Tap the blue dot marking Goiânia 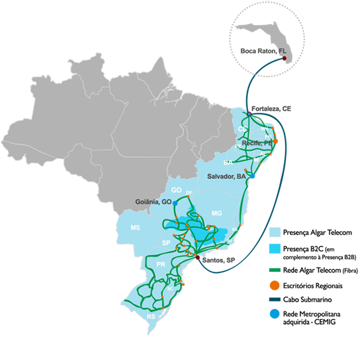pyautogui.click(x=175, y=204)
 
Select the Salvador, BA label pyautogui.click(x=226, y=177)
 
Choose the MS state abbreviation pyautogui.click(x=135, y=228)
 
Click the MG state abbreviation pyautogui.click(x=217, y=213)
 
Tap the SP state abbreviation pyautogui.click(x=167, y=243)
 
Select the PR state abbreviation pyautogui.click(x=160, y=264)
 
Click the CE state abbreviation pyautogui.click(x=242, y=129)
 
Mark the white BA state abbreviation pyautogui.click(x=228, y=162)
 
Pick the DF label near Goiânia pyautogui.click(x=189, y=192)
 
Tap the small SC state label pyautogui.click(x=170, y=289)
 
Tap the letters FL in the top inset pyautogui.click(x=276, y=52)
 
